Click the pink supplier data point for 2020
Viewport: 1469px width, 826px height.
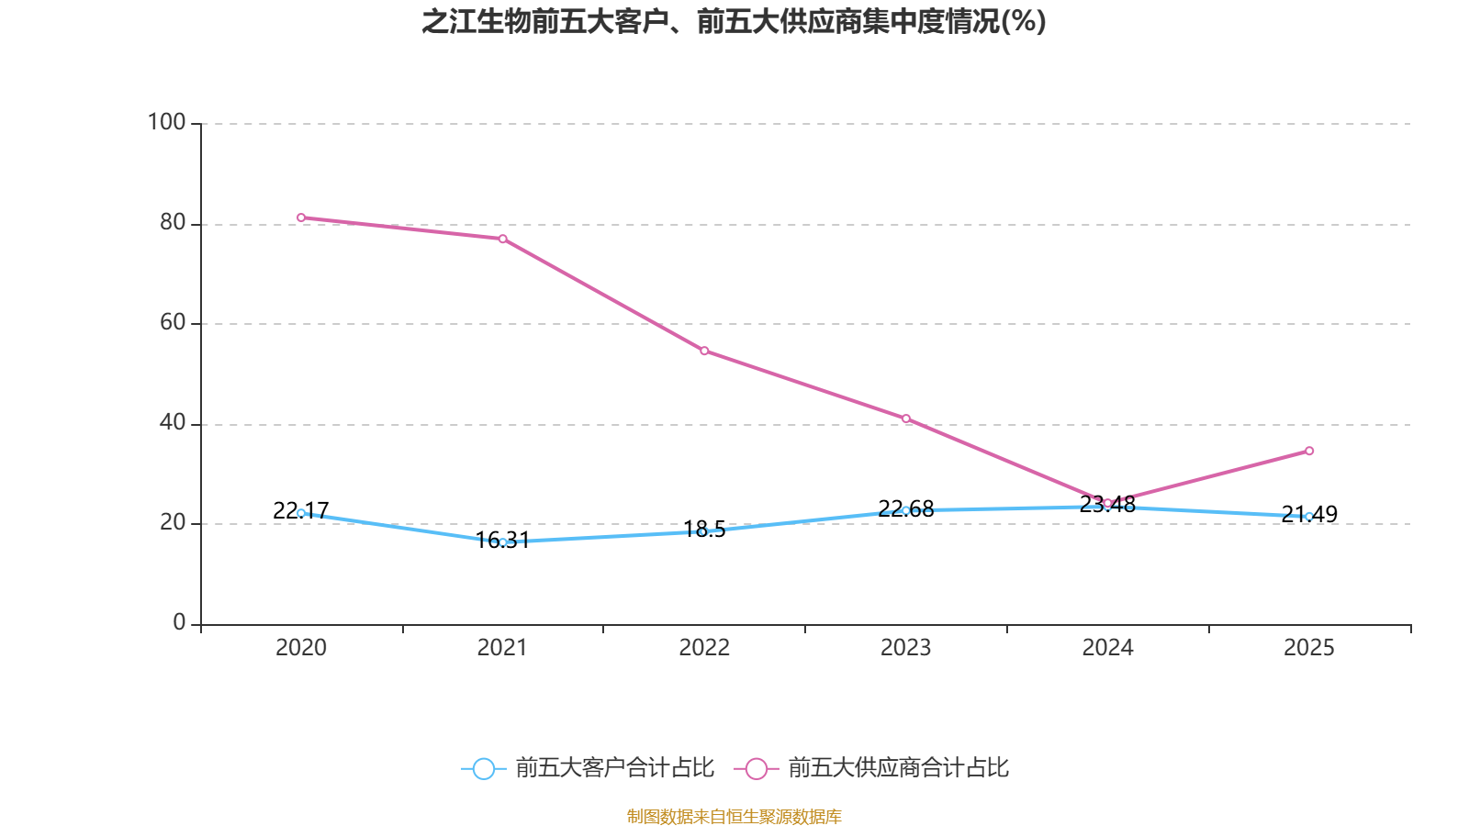click(301, 218)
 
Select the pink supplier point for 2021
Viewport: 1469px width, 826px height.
click(503, 239)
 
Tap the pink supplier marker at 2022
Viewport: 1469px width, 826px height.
click(704, 351)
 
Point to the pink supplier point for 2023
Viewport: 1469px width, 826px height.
click(906, 419)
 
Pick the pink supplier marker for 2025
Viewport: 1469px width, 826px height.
click(1309, 451)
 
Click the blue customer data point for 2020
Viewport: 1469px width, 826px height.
click(301, 513)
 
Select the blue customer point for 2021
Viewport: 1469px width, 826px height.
click(503, 542)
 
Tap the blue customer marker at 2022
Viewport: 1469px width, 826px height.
click(704, 531)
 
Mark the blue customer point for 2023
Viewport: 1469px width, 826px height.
click(906, 510)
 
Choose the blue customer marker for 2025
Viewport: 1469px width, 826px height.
click(1309, 516)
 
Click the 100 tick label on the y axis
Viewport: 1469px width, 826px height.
click(167, 122)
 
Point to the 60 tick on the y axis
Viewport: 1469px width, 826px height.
click(173, 322)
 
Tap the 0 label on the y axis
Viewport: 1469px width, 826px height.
click(179, 622)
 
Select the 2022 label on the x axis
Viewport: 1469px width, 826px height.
click(704, 648)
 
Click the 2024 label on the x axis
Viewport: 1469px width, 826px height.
click(1107, 648)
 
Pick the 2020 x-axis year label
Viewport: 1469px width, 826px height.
click(301, 648)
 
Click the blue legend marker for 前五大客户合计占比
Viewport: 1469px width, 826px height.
click(483, 768)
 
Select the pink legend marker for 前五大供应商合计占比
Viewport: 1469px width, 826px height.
click(757, 768)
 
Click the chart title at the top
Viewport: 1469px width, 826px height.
click(734, 21)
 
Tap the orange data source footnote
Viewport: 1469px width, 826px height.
click(734, 816)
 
